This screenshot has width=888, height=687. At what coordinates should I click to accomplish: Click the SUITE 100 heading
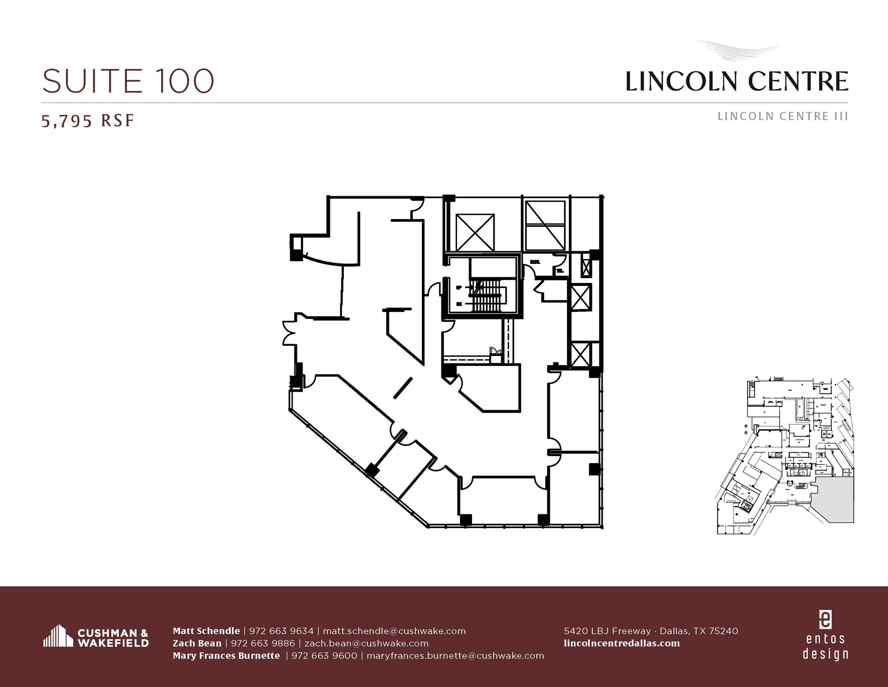[x=128, y=81]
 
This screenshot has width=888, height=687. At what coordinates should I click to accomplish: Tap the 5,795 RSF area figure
[x=88, y=121]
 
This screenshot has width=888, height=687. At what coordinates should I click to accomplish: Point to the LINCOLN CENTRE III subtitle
[x=783, y=116]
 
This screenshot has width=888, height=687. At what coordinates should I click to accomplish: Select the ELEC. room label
[x=535, y=262]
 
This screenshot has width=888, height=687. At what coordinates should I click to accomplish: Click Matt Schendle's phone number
[x=281, y=631]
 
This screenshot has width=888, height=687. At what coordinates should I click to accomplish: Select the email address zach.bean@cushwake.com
[x=366, y=643]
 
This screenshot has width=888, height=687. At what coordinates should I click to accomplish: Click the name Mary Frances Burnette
[x=226, y=655]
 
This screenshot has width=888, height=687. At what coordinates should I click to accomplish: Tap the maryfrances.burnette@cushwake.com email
[x=455, y=655]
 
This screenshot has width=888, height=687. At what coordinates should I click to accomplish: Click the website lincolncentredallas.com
[x=622, y=643]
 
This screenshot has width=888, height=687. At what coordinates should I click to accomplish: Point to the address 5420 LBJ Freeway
[x=607, y=631]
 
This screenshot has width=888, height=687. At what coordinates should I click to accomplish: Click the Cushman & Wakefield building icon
[x=58, y=636]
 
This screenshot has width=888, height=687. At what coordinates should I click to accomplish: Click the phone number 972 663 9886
[x=263, y=643]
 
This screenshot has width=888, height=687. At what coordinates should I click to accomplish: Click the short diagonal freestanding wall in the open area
[x=403, y=388]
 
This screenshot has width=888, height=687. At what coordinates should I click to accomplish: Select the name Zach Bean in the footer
[x=197, y=643]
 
